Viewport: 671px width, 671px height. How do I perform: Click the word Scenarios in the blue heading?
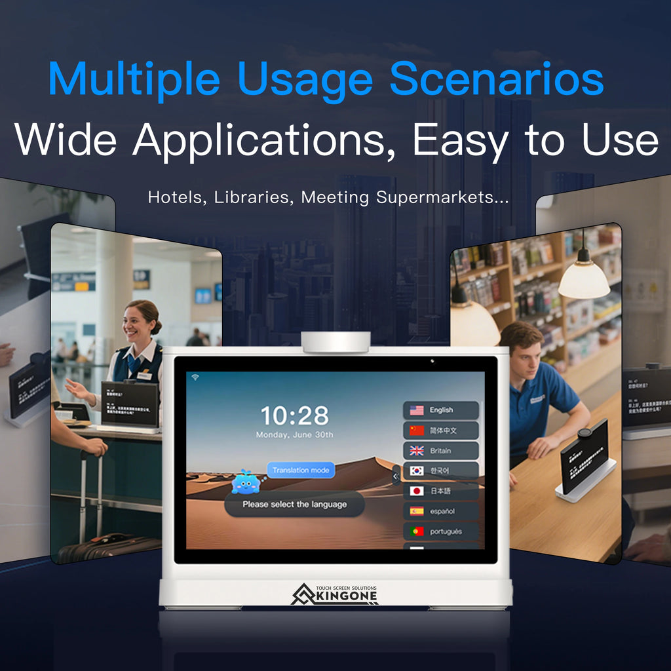496,80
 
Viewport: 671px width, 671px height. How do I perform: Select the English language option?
440,410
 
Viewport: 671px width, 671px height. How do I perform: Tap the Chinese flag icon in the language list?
417,431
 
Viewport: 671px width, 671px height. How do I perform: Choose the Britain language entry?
440,451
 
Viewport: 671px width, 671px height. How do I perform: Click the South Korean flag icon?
417,470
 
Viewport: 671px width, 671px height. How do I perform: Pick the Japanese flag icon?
417,491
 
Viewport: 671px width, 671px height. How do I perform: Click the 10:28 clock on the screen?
294,415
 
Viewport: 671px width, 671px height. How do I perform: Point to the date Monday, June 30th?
294,434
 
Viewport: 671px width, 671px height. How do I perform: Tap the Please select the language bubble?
294,505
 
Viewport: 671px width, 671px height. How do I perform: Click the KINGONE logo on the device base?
335,594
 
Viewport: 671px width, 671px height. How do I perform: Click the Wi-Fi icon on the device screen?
195,377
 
